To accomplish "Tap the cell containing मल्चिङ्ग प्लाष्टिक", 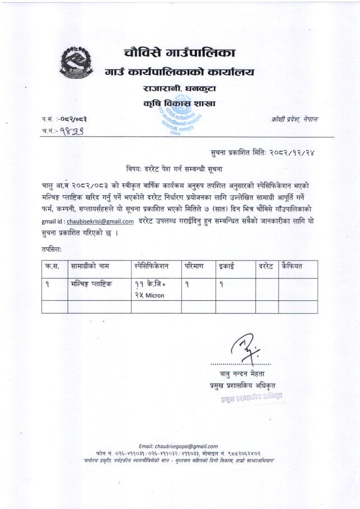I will point(92,284).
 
